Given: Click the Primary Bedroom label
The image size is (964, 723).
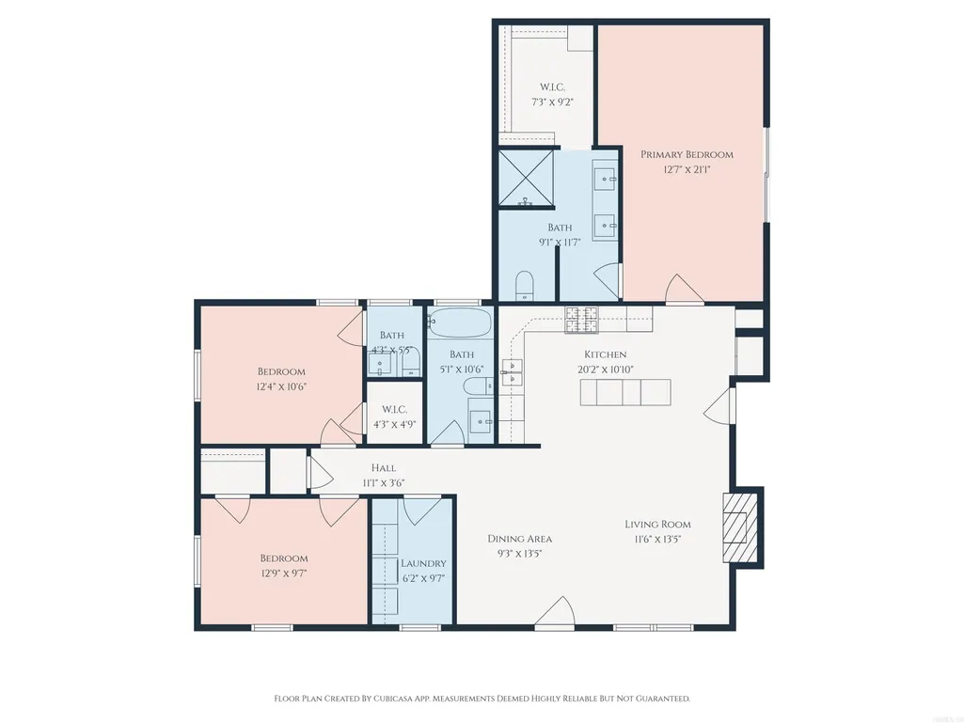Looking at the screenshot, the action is pyautogui.click(x=687, y=154).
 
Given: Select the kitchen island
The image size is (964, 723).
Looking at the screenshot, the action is pyautogui.click(x=625, y=392).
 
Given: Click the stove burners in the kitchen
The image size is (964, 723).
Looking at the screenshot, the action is pyautogui.click(x=581, y=320).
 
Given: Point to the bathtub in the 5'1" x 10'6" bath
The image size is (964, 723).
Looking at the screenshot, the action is pyautogui.click(x=460, y=322).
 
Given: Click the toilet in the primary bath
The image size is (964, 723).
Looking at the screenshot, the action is pyautogui.click(x=525, y=285).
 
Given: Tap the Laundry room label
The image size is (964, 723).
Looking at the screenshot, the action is pyautogui.click(x=423, y=563).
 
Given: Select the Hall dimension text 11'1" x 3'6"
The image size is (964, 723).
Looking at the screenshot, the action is pyautogui.click(x=384, y=482).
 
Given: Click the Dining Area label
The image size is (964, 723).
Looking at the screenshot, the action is pyautogui.click(x=519, y=539).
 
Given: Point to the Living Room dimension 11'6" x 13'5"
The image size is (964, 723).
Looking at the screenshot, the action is pyautogui.click(x=657, y=539).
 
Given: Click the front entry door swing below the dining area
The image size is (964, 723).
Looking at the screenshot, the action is pyautogui.click(x=555, y=612).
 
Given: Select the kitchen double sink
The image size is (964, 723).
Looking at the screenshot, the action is pyautogui.click(x=512, y=372).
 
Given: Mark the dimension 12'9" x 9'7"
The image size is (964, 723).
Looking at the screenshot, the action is pyautogui.click(x=283, y=574).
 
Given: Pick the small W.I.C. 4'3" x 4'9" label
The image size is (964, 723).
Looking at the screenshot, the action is pyautogui.click(x=395, y=417).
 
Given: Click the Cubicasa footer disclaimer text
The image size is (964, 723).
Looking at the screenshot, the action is pyautogui.click(x=482, y=699).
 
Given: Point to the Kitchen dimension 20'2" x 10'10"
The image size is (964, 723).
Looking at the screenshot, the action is pyautogui.click(x=606, y=369).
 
